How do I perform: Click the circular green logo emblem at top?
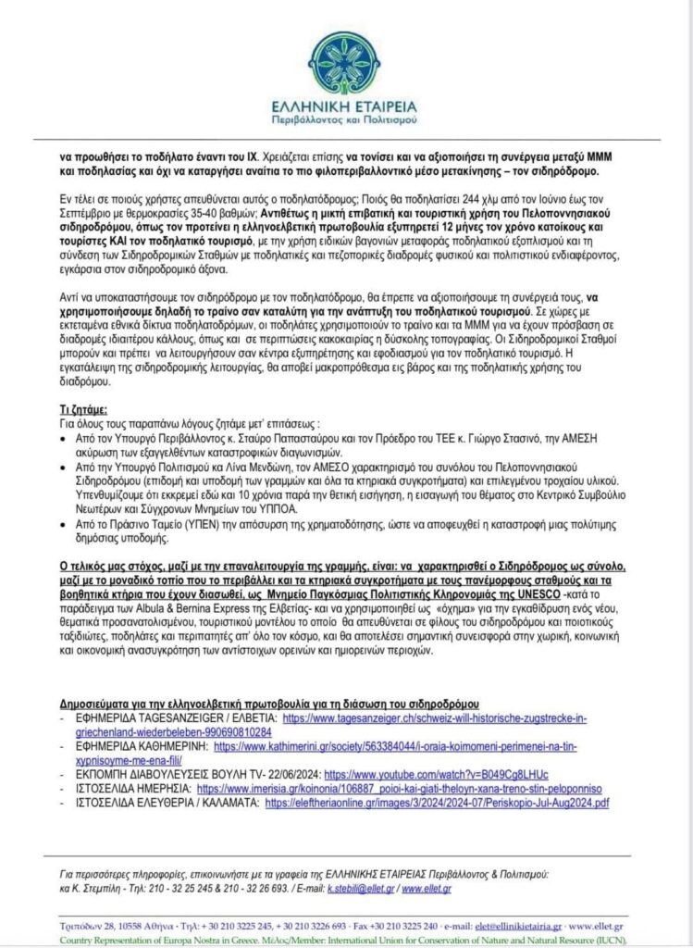coord(345,57)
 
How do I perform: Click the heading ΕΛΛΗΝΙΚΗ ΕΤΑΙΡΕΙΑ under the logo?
coord(345,105)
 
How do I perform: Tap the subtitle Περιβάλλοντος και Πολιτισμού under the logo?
coord(345,120)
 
